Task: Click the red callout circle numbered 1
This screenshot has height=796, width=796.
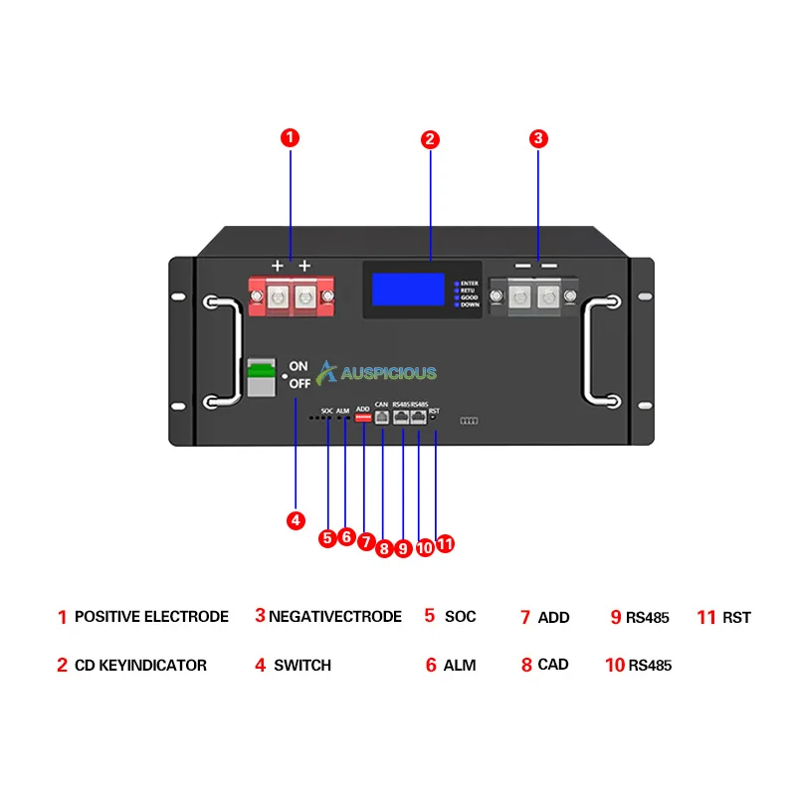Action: [x=290, y=138]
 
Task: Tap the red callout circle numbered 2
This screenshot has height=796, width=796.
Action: [x=430, y=139]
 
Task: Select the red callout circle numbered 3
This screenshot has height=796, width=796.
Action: [x=537, y=139]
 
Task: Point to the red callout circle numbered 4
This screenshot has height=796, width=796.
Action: [x=296, y=519]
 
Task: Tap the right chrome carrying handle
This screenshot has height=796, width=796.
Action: [x=601, y=350]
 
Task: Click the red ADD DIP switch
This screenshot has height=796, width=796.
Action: [x=363, y=419]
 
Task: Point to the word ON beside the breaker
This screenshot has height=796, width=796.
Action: [x=298, y=365]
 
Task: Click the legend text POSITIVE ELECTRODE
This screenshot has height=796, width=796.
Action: [x=151, y=617]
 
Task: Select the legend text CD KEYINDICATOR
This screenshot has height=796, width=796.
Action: [x=140, y=665]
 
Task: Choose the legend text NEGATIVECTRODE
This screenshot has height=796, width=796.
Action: [x=335, y=617]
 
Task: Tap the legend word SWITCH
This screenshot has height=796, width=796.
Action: [x=302, y=665]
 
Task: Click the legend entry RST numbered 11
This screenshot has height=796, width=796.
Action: [x=736, y=618]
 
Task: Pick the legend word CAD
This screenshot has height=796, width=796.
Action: [x=553, y=665]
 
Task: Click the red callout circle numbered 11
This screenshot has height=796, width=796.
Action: [x=445, y=543]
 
